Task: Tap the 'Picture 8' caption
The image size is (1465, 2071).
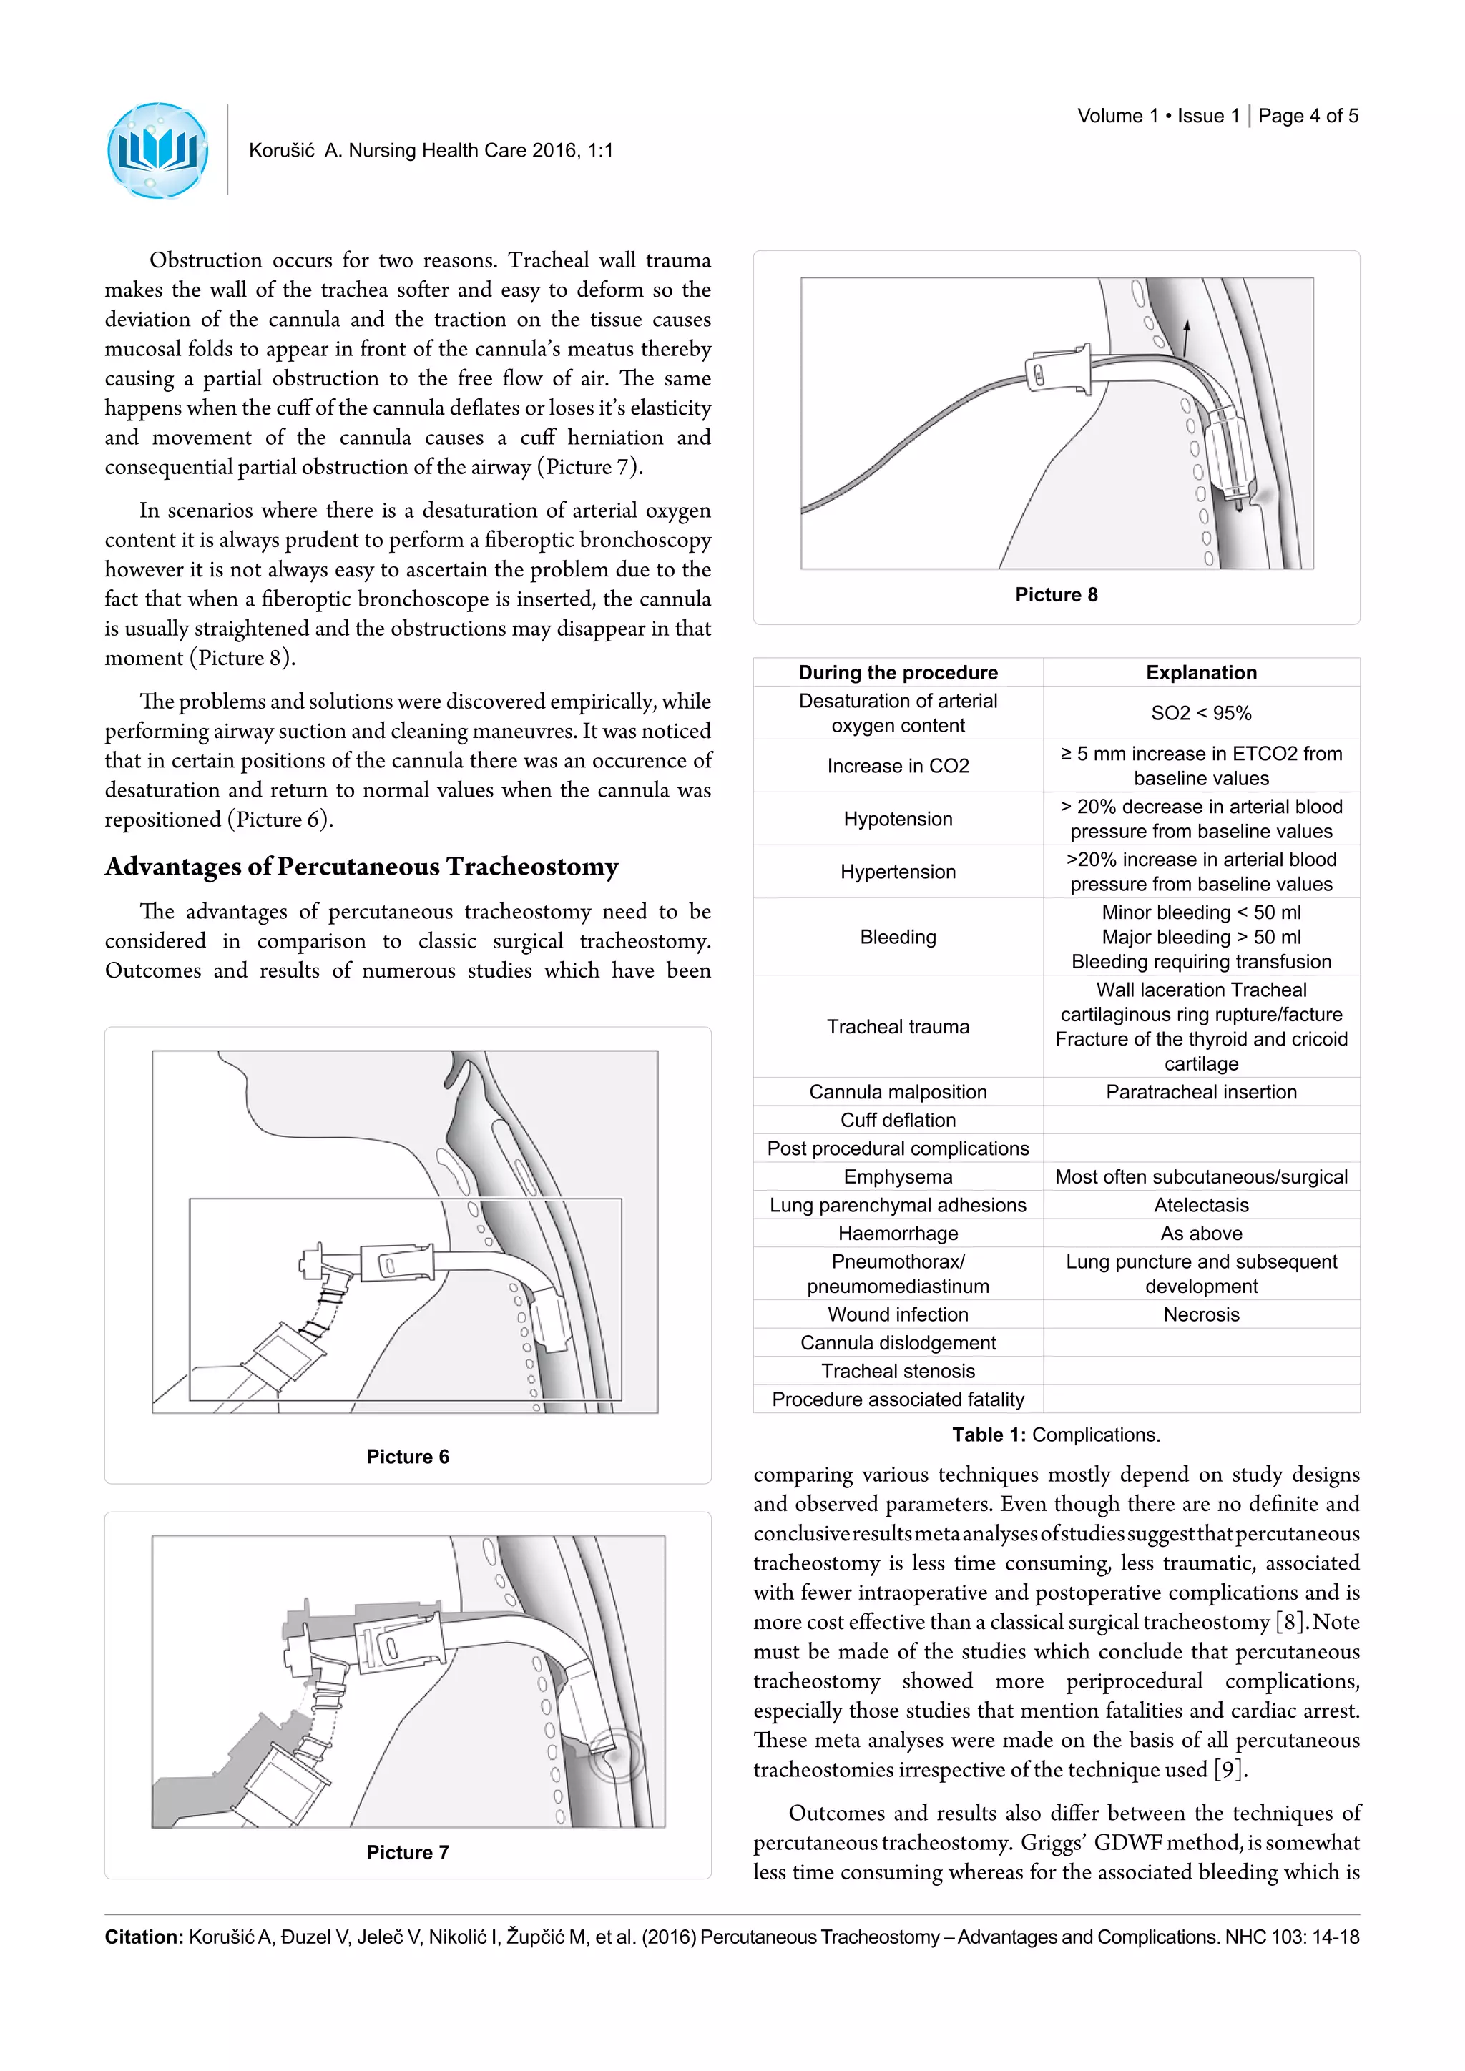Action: coord(1055,594)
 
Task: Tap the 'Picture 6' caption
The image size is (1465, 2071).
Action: coord(407,1457)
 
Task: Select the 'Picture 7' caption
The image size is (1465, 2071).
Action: coord(407,1851)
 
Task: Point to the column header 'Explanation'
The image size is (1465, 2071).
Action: coord(1201,672)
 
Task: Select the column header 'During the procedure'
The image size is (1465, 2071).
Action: coord(898,672)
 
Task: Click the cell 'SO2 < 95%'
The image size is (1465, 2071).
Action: coord(1201,712)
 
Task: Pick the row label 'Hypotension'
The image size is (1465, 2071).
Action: coord(898,818)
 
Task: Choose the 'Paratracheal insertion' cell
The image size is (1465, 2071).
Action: coord(1201,1091)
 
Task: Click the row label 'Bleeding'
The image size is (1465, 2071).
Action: coord(898,936)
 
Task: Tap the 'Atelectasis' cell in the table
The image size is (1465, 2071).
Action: coord(1201,1205)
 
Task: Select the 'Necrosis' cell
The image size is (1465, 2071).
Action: coord(1201,1314)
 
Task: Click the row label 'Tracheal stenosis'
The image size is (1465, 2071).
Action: coord(898,1371)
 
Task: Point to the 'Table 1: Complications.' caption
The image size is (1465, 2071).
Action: coord(1055,1435)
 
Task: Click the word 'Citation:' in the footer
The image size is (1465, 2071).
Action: coord(144,1937)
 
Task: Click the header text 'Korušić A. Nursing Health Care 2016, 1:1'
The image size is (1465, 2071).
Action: coord(431,151)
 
